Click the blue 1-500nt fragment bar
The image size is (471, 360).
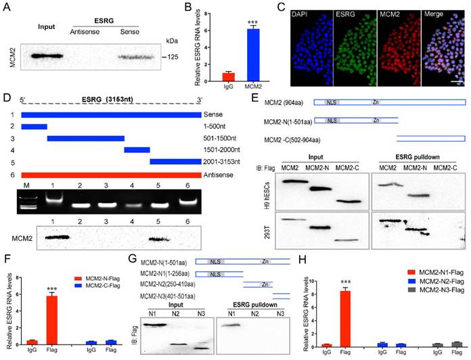tap(34, 126)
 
